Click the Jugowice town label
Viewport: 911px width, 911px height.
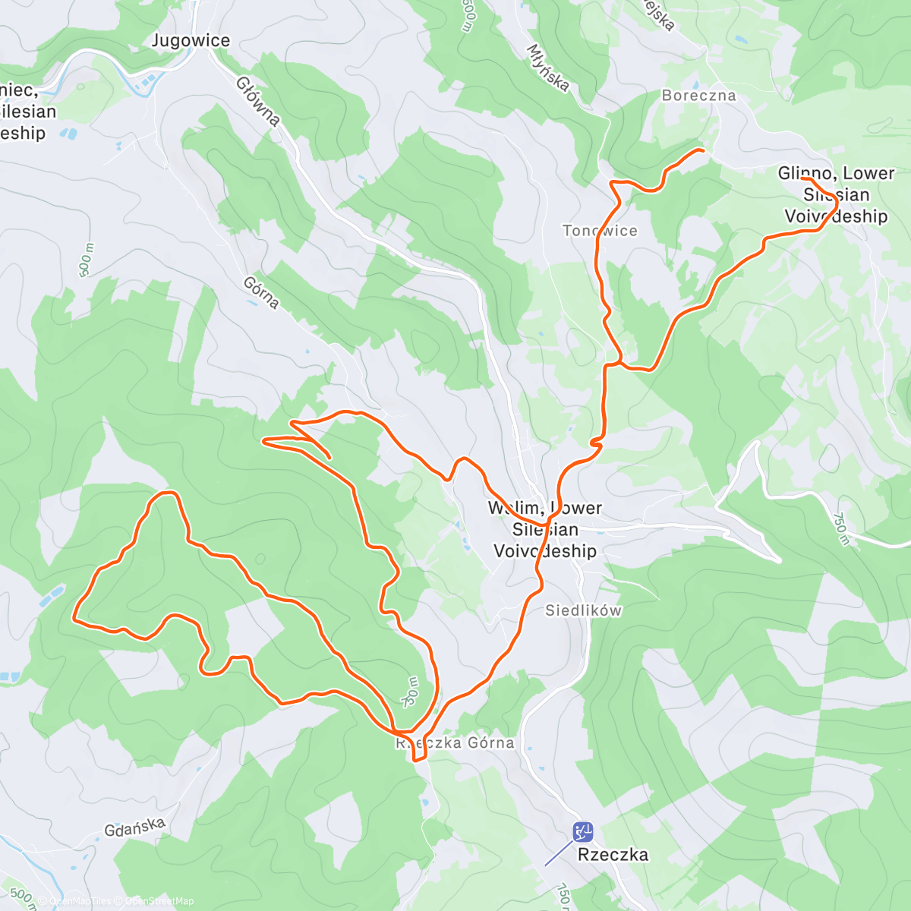pos(191,41)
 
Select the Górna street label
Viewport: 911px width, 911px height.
pos(262,292)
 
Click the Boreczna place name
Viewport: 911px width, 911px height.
pos(698,96)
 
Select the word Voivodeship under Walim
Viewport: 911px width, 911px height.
pos(545,551)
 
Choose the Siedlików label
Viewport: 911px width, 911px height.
pos(583,610)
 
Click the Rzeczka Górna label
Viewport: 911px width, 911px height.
pos(455,743)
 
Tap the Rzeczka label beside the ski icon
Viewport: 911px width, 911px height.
pos(613,855)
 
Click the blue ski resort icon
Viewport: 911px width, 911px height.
pos(583,832)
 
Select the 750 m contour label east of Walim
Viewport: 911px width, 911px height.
pos(840,529)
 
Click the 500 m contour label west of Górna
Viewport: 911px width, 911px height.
pos(87,260)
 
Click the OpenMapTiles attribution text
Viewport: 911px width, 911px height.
pos(80,901)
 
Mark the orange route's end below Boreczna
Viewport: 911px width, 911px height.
pos(702,151)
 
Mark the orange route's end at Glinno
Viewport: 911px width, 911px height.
pos(803,178)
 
